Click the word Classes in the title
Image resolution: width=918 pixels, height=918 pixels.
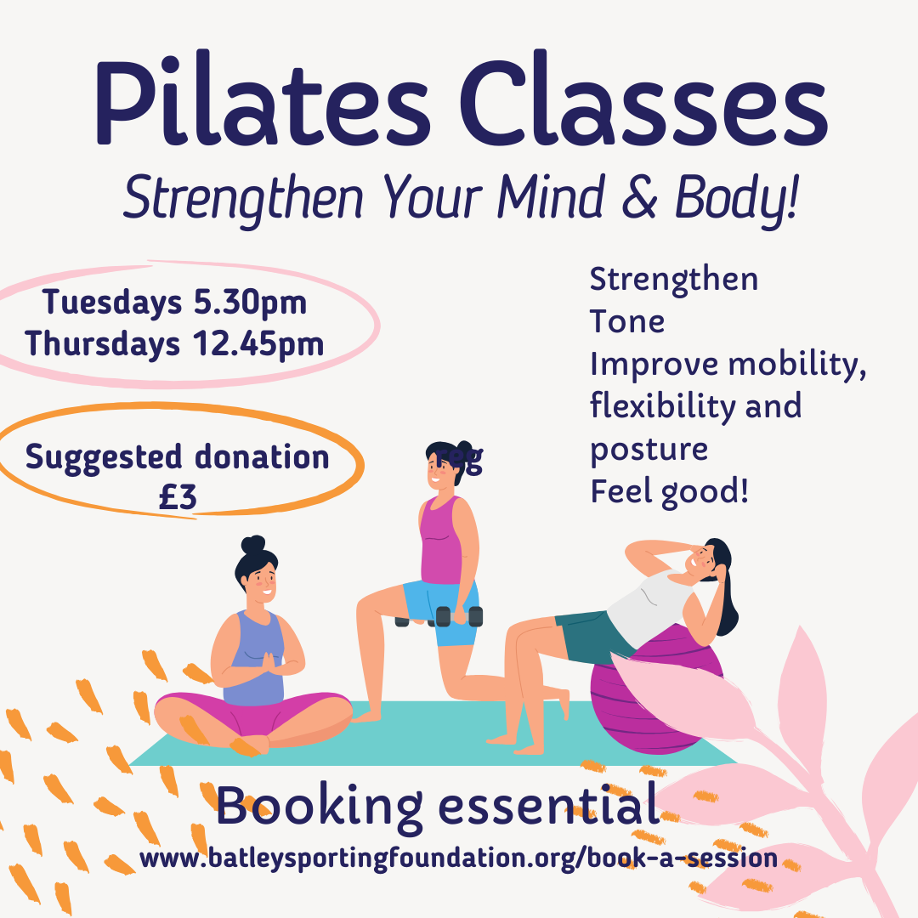click(643, 99)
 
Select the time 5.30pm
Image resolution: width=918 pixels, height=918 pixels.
click(250, 303)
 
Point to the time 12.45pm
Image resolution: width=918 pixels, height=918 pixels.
click(258, 343)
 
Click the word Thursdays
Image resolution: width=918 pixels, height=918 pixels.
click(103, 343)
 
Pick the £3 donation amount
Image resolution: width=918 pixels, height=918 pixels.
click(178, 497)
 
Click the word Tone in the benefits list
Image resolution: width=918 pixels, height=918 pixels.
click(627, 321)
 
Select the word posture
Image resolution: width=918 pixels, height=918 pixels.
click(649, 450)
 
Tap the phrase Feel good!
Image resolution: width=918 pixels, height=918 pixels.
click(669, 491)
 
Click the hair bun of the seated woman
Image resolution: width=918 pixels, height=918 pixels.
click(253, 545)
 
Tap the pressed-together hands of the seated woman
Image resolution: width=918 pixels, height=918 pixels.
click(269, 664)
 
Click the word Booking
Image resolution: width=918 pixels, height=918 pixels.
click(319, 807)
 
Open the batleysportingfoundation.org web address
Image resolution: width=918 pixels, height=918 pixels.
click(458, 858)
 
